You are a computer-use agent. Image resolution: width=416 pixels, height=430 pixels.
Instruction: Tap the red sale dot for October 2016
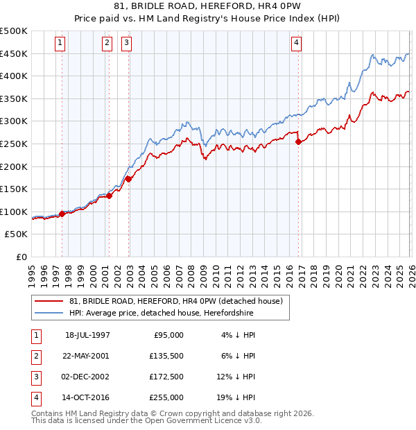[x=298, y=141]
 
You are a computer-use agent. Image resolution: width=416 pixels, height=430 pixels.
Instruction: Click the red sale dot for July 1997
[x=62, y=214]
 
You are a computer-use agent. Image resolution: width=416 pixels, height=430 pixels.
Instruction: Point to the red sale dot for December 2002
[x=128, y=179]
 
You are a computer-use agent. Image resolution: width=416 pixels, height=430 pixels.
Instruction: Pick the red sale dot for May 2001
[x=110, y=196]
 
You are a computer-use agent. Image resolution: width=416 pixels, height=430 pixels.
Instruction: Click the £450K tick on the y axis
[x=14, y=53]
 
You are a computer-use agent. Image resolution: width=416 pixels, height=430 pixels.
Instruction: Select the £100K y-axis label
[x=14, y=212]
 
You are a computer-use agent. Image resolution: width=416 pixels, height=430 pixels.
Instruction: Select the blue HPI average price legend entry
[x=161, y=313]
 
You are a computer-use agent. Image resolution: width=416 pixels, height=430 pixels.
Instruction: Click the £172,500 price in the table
[x=167, y=377]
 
